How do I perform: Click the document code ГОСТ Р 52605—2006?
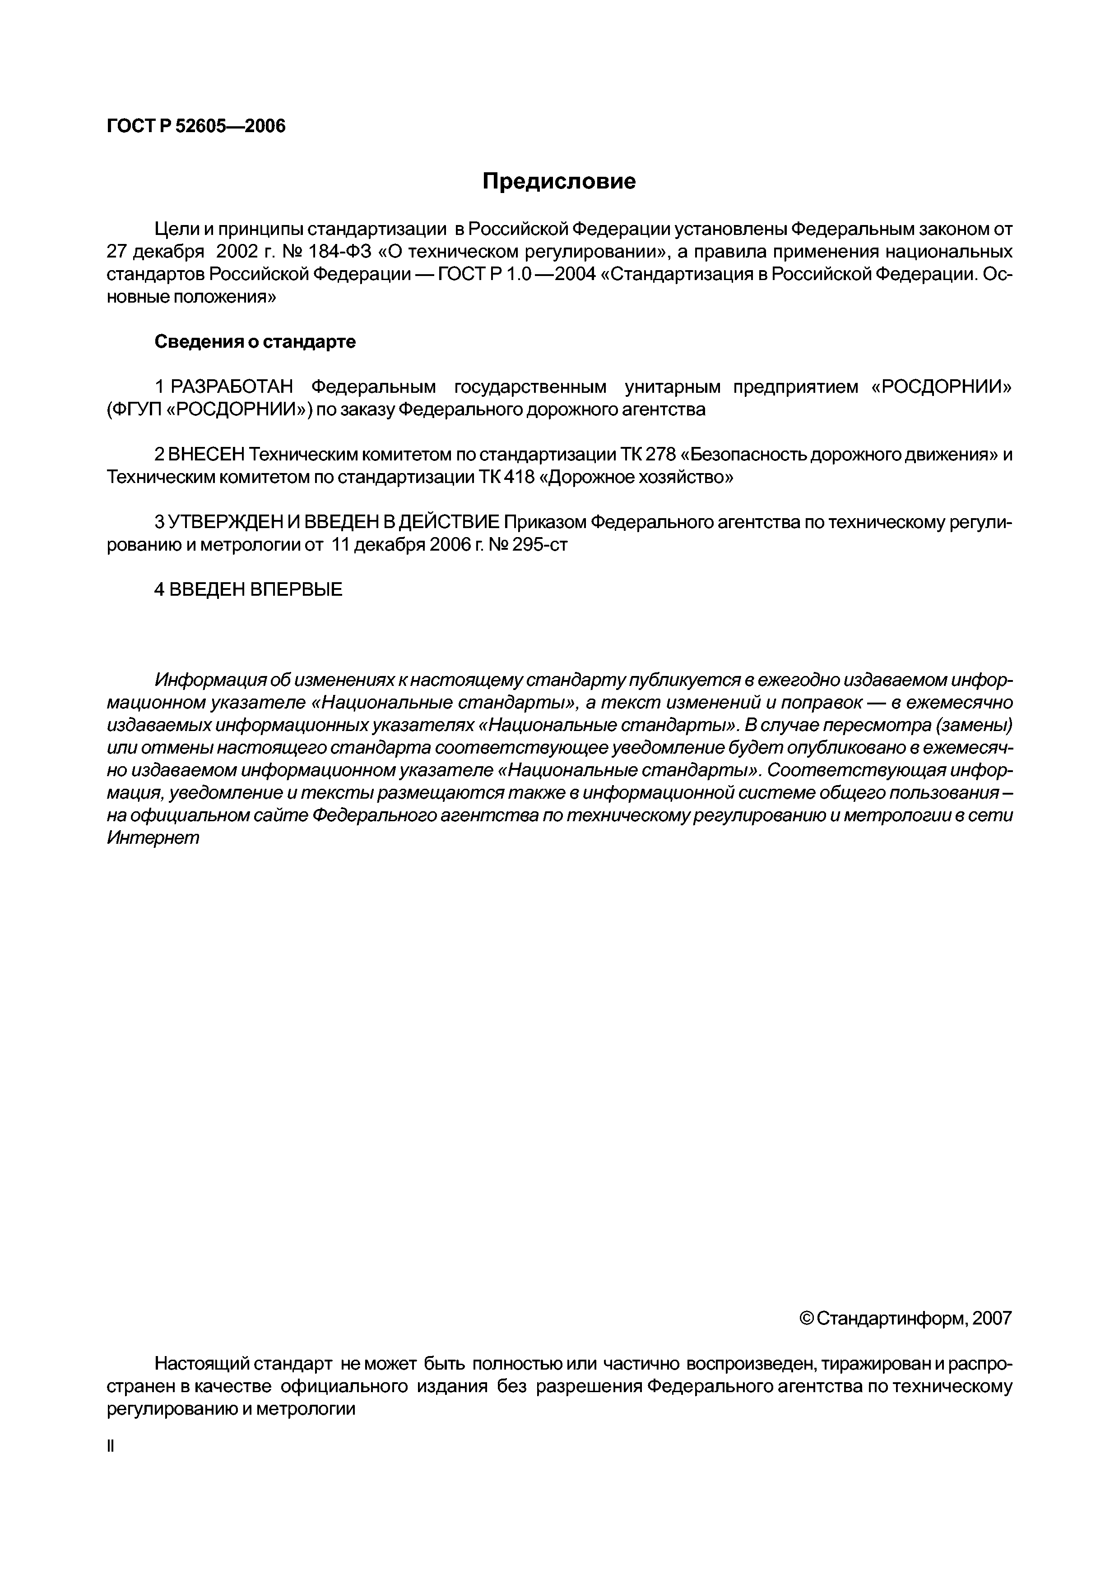(196, 127)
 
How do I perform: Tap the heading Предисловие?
(558, 182)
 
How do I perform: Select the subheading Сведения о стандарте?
(255, 342)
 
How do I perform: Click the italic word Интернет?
(153, 838)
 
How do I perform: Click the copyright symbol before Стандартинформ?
(807, 1319)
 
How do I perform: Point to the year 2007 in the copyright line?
(991, 1319)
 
